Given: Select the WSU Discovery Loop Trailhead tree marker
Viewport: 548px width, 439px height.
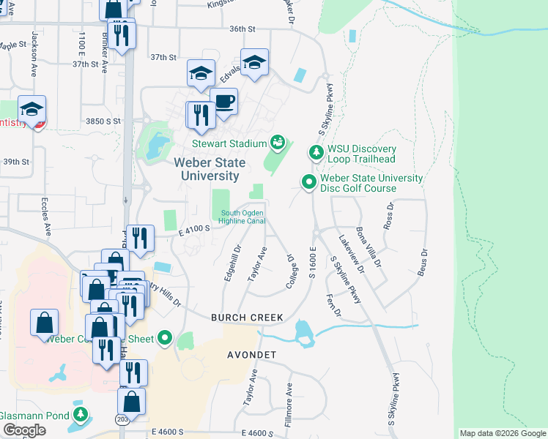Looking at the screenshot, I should click(315, 153).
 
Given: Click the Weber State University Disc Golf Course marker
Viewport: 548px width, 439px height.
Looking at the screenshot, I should click(309, 182).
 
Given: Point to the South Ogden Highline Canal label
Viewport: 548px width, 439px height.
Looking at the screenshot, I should click(242, 218).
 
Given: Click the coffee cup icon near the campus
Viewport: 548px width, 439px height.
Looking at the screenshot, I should click(223, 102).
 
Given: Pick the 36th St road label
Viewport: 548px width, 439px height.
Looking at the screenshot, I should click(241, 29).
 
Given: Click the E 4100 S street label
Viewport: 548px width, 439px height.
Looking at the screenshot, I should click(194, 229).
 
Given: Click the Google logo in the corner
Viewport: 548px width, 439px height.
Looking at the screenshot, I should click(24, 430).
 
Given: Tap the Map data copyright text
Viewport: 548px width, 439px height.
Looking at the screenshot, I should click(503, 433).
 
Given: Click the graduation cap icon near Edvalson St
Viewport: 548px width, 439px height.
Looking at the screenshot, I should click(254, 62).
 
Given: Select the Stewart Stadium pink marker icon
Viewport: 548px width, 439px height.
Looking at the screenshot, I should click(278, 141).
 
